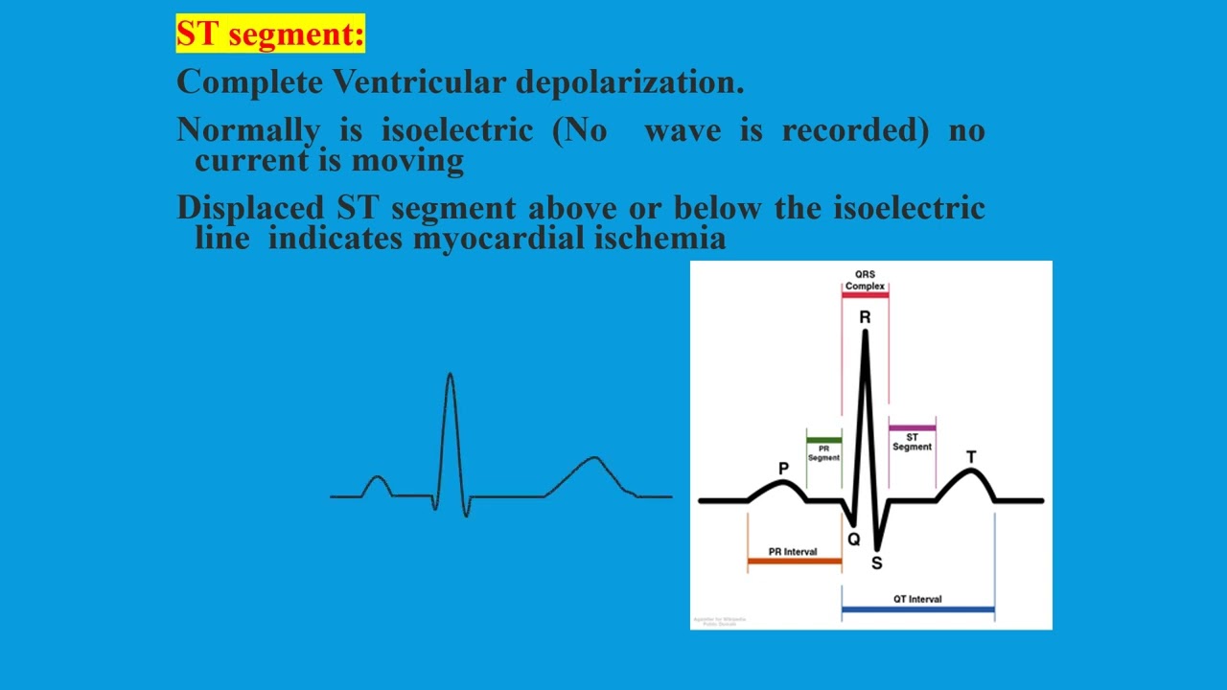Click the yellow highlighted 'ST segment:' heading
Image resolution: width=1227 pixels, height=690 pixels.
click(270, 34)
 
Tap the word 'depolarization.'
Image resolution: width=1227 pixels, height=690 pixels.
click(630, 82)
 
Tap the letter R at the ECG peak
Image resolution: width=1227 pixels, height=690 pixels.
click(865, 317)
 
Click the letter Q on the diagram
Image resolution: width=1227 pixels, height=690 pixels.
click(854, 540)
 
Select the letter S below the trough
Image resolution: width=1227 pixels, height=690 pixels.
click(876, 563)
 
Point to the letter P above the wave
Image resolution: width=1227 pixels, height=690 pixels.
click(783, 469)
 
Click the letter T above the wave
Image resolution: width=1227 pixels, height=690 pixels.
click(971, 457)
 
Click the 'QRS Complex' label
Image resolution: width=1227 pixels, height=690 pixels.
click(865, 280)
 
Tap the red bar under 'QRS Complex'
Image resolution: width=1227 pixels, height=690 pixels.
click(865, 295)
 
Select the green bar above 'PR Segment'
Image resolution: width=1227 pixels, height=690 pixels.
click(823, 440)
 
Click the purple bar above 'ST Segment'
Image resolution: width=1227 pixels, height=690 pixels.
click(912, 427)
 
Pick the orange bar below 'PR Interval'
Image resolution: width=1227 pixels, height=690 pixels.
click(794, 561)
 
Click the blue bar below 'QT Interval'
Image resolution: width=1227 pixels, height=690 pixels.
click(917, 609)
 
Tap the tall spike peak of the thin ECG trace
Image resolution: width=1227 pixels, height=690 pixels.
click(450, 376)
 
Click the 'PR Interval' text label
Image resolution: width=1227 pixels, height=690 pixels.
click(793, 552)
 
